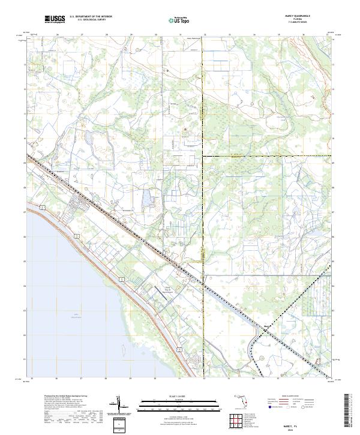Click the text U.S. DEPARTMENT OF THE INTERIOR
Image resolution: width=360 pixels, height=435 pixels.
[91, 17]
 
